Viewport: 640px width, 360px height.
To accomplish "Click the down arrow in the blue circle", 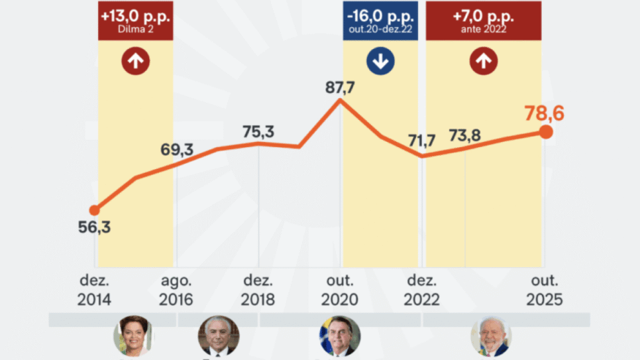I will coord(381,62).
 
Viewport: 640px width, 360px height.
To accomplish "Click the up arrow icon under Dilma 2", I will coord(135,62).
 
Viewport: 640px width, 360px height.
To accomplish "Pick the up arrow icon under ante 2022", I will coord(483,62).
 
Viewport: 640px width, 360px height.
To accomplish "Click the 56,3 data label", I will coord(93,227).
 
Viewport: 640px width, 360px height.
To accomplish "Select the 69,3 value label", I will coord(177,150).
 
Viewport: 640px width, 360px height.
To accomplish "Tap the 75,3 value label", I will coord(258,131).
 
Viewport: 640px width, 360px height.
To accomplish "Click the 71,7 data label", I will coord(422,141).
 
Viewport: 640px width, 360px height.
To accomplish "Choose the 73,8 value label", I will coord(464,136).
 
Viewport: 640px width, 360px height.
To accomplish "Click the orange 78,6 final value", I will coord(545,113).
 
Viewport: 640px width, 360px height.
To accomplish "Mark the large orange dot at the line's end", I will coord(546,132).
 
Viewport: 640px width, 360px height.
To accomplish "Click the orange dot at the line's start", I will coord(94,210).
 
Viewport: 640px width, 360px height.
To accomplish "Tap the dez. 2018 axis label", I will coord(258,290).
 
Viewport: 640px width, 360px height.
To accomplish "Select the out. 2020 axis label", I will coord(339,290).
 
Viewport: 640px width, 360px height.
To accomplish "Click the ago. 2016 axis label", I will coord(176,290).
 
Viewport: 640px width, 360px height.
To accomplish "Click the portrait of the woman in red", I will coord(134,335).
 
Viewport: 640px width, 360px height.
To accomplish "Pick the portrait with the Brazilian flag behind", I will coord(340,335).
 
